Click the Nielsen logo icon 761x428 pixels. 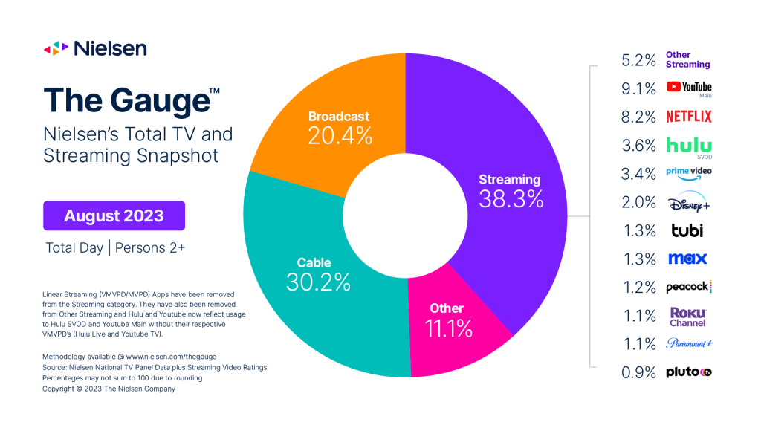click(56, 49)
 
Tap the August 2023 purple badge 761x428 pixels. click(114, 216)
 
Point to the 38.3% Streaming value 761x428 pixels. click(511, 200)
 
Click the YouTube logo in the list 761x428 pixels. click(689, 88)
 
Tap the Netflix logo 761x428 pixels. click(689, 117)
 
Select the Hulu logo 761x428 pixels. click(689, 146)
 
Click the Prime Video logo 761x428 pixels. click(689, 173)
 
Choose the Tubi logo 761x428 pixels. click(684, 230)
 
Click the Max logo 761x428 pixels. click(687, 259)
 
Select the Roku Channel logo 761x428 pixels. click(687, 317)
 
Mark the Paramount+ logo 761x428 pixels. click(689, 343)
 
